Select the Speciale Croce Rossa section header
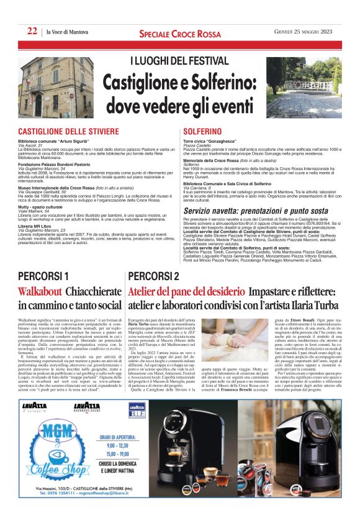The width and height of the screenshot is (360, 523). click(x=179, y=32)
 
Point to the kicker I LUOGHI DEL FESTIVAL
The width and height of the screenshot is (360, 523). click(x=179, y=62)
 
